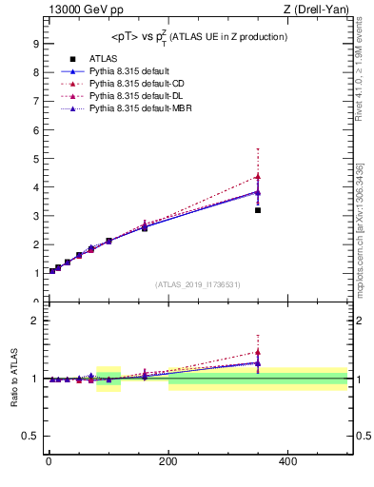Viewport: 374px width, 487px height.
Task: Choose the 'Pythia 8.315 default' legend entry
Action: coord(128,71)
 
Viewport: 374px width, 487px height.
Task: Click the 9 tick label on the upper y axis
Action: coord(35,44)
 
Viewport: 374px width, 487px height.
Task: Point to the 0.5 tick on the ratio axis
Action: coord(31,437)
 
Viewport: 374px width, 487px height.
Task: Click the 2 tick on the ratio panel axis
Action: coord(35,321)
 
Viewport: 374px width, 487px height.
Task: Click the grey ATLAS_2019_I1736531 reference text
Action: coord(197,284)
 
